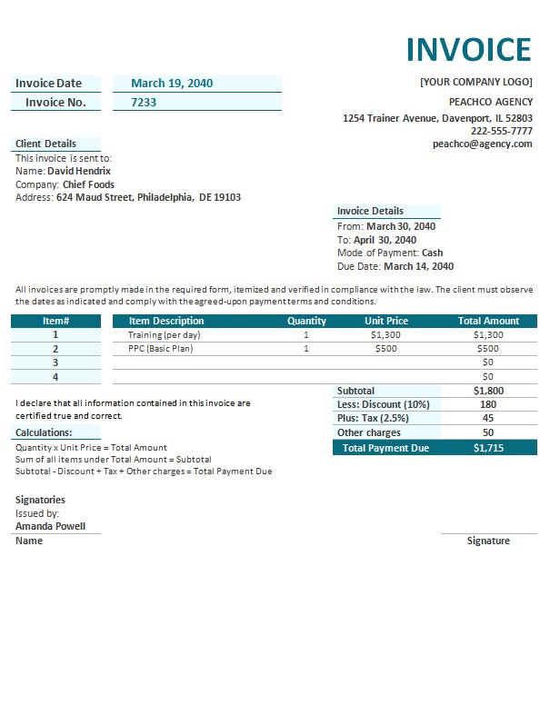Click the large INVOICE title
point(467,49)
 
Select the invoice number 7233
point(144,103)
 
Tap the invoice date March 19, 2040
point(172,84)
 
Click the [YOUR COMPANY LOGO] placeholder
point(475,82)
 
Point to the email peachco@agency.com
point(482,144)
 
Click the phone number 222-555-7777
point(501,131)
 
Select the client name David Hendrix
point(79,171)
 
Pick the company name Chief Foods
point(88,184)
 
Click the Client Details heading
point(45,144)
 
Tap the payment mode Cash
point(433,253)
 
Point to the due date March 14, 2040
point(418,267)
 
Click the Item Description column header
point(166,321)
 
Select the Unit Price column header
point(386,321)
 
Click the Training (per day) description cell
point(164,335)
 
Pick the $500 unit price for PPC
point(386,349)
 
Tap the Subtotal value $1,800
point(488,391)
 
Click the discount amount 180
point(488,404)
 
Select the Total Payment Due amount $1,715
point(488,448)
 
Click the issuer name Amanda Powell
point(51,526)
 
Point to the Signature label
point(488,541)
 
